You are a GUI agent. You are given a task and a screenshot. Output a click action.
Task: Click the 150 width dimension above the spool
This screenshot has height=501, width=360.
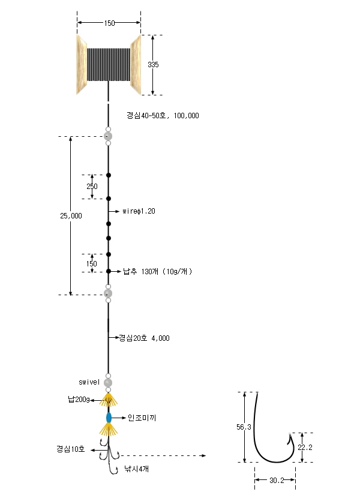(x=109, y=23)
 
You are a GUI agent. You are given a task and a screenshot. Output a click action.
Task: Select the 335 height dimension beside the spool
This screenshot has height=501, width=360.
(x=153, y=65)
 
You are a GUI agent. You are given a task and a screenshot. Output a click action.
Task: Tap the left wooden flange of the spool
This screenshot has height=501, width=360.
(x=82, y=65)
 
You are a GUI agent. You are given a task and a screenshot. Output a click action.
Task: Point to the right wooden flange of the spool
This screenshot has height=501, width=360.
(x=136, y=65)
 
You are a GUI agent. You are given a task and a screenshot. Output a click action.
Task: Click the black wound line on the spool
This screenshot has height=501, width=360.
(x=109, y=65)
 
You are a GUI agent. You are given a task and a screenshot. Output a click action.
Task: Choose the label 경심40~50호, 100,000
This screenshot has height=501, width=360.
(x=163, y=115)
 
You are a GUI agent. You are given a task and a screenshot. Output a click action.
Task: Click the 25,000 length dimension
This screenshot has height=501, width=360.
(x=71, y=216)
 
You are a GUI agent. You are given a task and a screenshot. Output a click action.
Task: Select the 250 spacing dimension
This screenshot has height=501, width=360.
(x=92, y=186)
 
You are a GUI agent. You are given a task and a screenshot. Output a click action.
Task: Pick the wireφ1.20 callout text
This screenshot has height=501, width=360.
(x=139, y=211)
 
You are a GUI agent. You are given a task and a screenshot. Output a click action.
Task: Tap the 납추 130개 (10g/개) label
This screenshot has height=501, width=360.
(x=158, y=272)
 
